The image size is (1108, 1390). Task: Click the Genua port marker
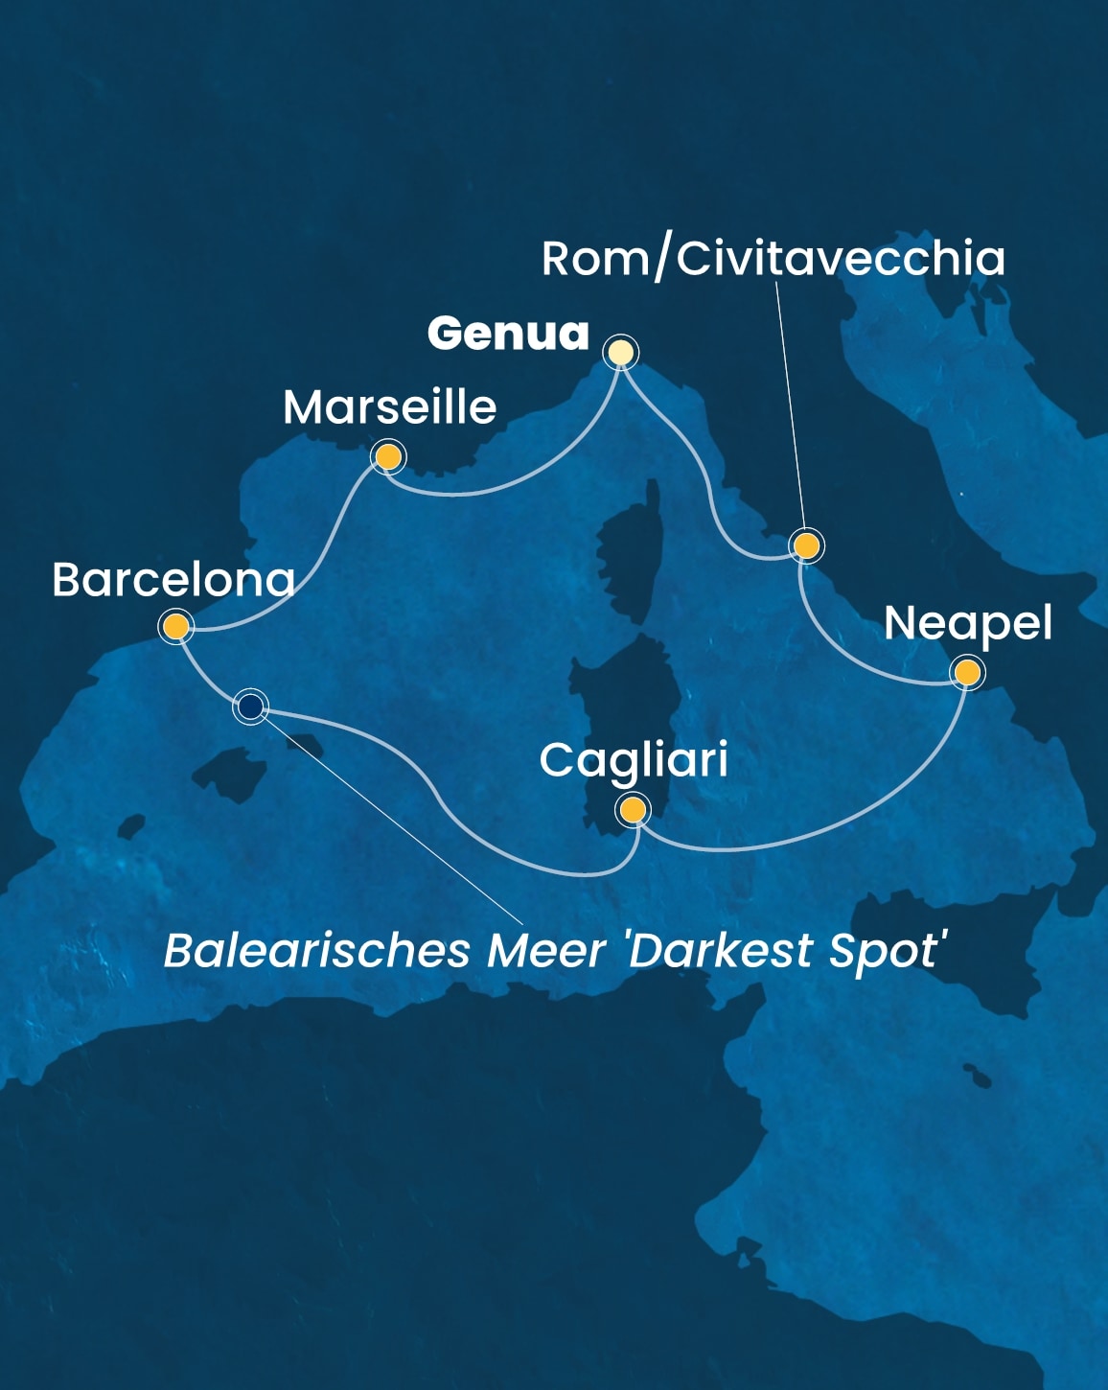point(621,353)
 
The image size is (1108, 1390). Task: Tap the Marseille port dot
point(387,457)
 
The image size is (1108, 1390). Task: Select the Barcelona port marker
point(176,628)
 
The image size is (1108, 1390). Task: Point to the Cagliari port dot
point(633,811)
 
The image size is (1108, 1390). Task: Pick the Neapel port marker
point(967,673)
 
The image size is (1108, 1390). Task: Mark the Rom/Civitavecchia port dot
point(807,546)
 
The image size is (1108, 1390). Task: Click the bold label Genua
point(508,334)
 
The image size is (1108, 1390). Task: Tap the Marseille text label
point(389,407)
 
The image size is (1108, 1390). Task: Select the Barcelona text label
point(173,580)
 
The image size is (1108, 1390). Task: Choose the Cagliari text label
point(633,761)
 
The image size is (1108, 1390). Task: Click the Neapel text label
point(967,624)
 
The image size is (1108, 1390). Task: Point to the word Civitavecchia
point(841,259)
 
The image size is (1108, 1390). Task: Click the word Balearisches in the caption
point(317,951)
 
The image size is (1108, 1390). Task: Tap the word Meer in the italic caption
point(546,951)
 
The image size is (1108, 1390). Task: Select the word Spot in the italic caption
point(888,951)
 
